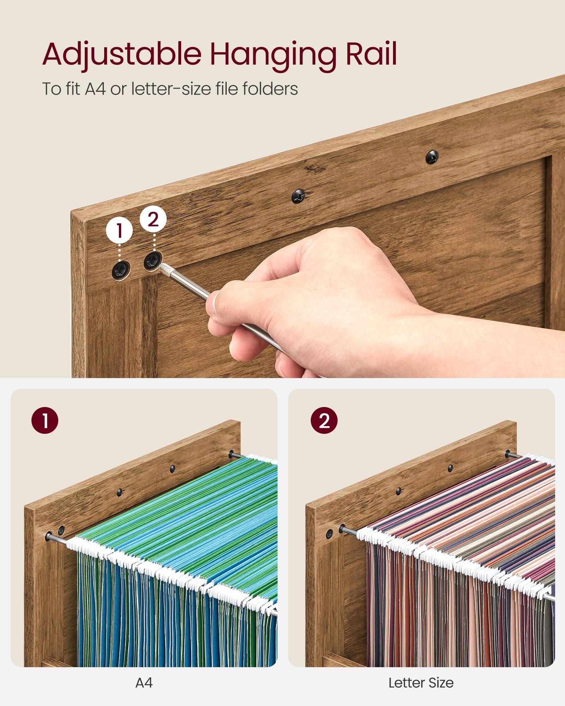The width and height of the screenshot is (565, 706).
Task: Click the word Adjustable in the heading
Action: pos(122,55)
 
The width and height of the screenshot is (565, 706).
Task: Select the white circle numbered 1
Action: pos(119,230)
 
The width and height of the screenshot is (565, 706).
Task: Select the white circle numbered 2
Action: pos(153,220)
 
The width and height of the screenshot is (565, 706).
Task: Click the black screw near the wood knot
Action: pos(299,196)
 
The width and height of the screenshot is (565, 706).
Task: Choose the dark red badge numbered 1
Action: pos(45,420)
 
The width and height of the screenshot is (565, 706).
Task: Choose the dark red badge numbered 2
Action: pos(324,420)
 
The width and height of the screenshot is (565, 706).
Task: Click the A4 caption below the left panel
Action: pos(144,683)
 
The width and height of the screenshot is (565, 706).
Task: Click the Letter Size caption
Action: pos(421,683)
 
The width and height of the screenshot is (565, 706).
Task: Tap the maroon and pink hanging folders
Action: pos(459,565)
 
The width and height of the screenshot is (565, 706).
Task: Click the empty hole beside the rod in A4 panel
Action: pos(61,530)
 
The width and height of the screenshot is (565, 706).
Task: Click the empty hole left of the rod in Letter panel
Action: pos(329,533)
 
